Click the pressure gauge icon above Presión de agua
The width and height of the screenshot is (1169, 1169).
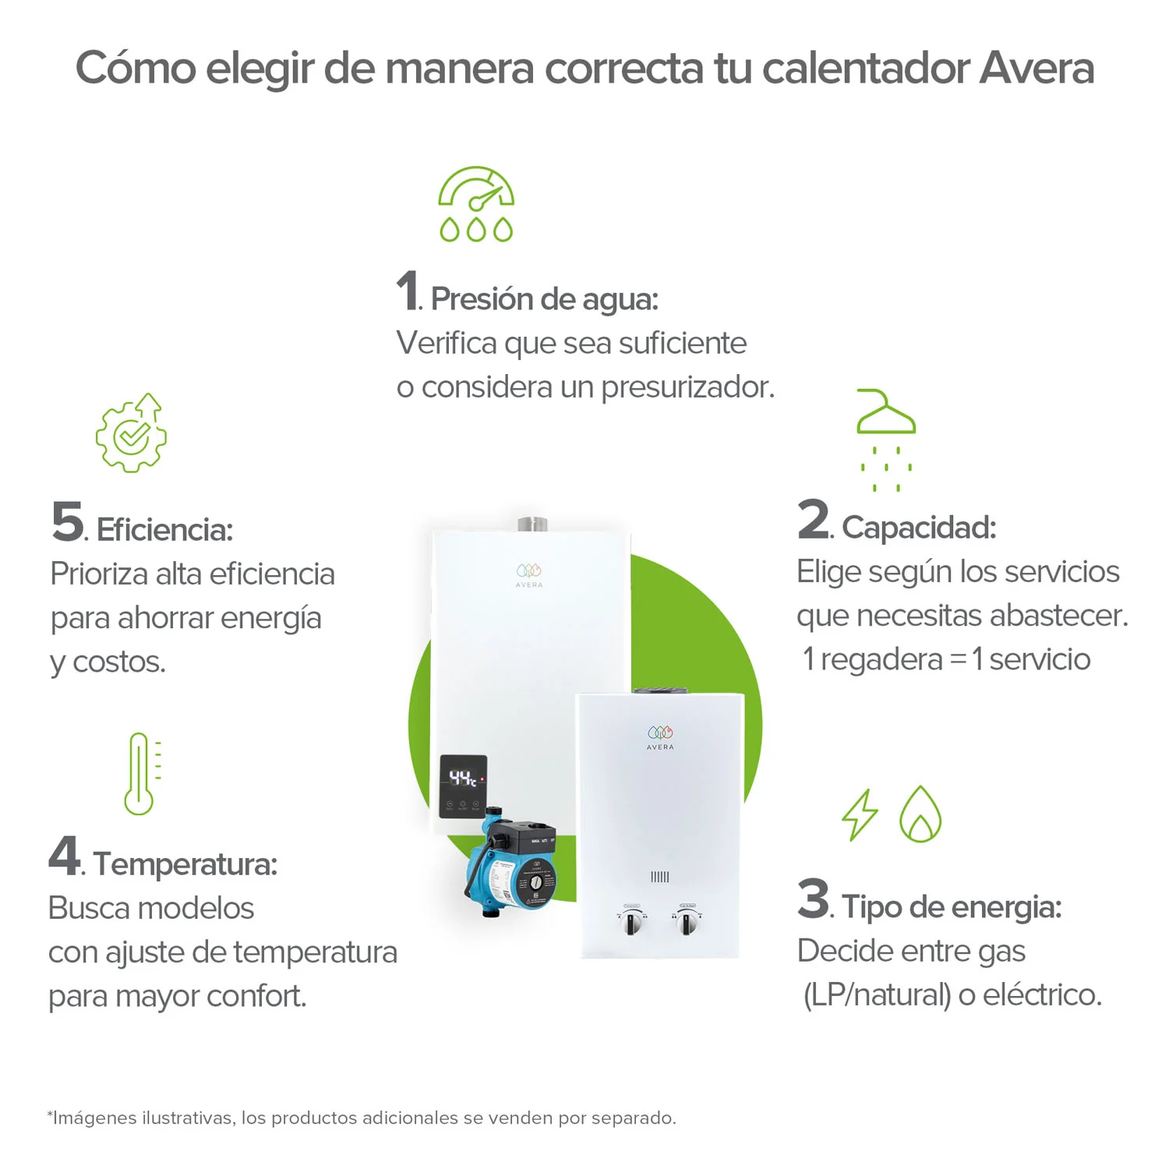[x=476, y=203]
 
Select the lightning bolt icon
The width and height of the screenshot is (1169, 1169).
[x=860, y=815]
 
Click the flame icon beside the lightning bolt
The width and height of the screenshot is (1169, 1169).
[x=920, y=814]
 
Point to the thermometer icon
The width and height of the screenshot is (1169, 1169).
[x=141, y=774]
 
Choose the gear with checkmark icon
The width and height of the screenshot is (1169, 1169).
[x=132, y=434]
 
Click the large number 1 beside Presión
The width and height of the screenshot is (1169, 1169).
[x=408, y=291]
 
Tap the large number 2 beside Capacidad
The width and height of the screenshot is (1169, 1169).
[x=814, y=520]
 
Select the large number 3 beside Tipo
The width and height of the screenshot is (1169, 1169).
[x=814, y=899]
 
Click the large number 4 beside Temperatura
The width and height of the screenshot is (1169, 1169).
[x=65, y=856]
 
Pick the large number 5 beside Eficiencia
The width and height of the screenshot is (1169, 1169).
[x=68, y=521]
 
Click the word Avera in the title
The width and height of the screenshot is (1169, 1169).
[x=1037, y=68]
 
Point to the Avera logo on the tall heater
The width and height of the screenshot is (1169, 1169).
[x=529, y=575]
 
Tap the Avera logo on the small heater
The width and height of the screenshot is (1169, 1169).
[x=660, y=737]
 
